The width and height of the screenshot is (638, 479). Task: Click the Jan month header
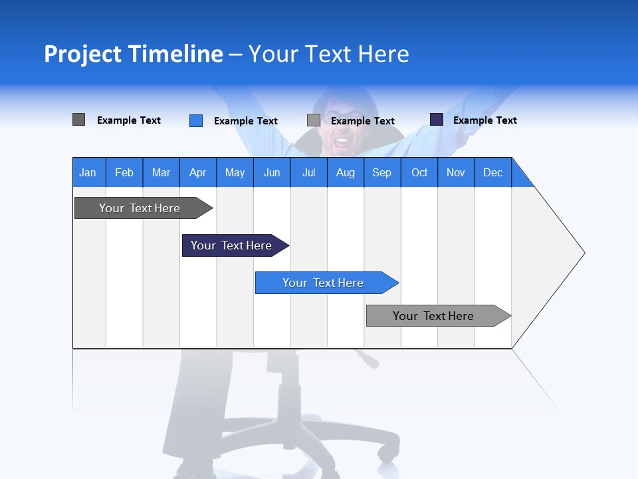[x=88, y=172]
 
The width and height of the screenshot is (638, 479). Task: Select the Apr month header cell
[x=198, y=172]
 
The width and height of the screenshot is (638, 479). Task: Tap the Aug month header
[x=346, y=172]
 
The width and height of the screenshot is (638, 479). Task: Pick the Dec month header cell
[x=493, y=172]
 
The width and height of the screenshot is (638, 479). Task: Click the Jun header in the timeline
[x=272, y=172]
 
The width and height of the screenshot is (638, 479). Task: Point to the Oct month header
[x=419, y=172]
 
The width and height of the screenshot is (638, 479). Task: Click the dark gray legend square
[x=78, y=120]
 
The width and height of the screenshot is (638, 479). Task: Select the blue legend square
[x=196, y=120]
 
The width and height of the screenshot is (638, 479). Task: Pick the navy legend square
[x=437, y=120]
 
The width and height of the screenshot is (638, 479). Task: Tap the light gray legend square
[x=314, y=120]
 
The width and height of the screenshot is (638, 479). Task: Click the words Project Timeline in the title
[x=133, y=54]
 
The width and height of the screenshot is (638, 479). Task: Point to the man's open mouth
[x=342, y=141]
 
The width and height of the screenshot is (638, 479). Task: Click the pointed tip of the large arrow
[x=583, y=253]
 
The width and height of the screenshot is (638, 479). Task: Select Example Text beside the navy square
[x=484, y=120]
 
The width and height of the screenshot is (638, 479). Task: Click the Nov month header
[x=456, y=172]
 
